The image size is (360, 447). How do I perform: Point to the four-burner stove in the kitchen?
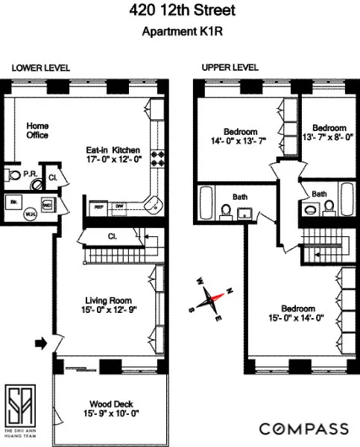point(158,159)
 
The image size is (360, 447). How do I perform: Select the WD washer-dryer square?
point(46,203)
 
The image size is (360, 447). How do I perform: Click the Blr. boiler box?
point(13,201)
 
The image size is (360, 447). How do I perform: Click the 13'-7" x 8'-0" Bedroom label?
point(328,133)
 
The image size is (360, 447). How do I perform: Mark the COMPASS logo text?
point(303,428)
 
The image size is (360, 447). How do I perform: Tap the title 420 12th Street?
point(180,11)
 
